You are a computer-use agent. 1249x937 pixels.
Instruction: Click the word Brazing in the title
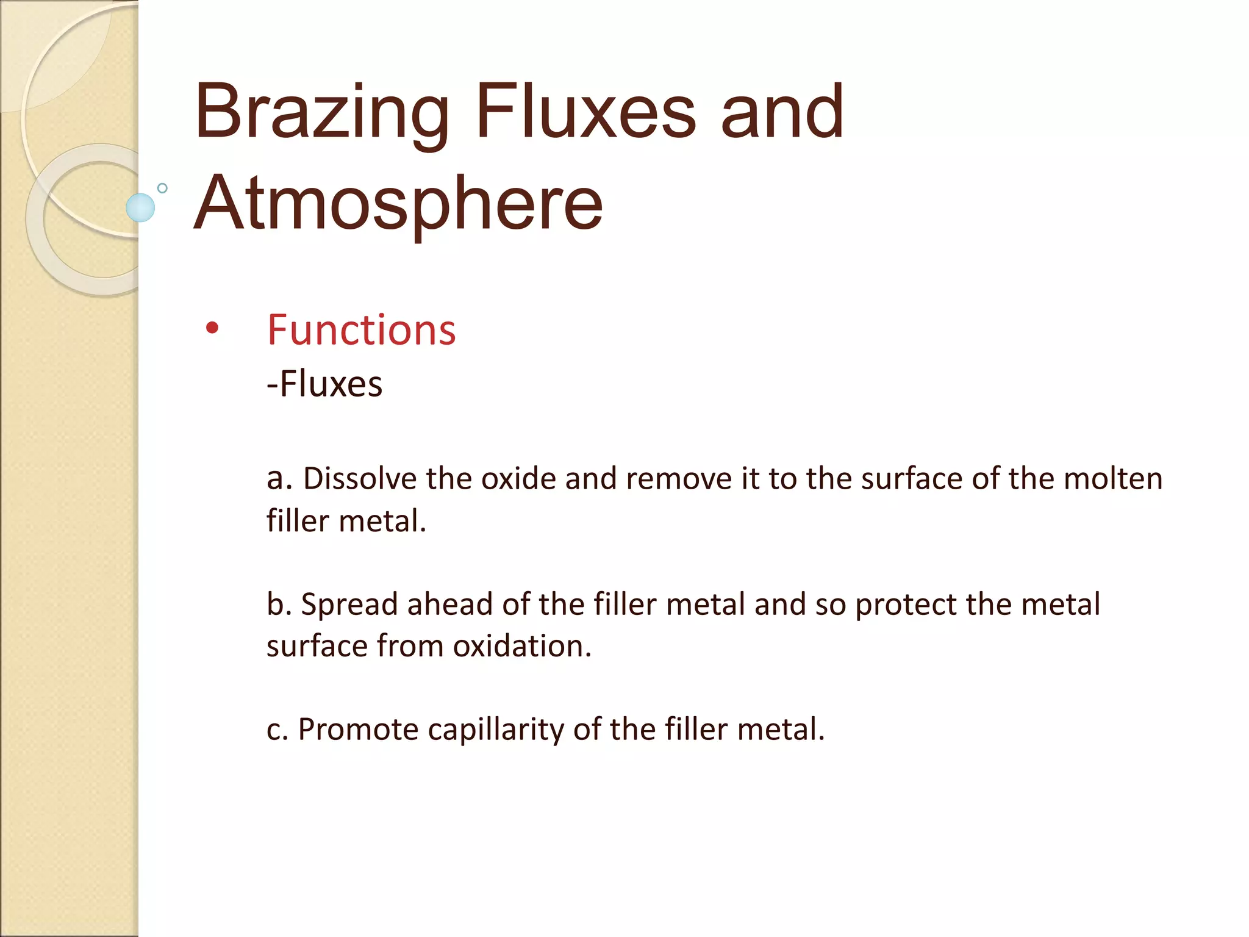click(321, 113)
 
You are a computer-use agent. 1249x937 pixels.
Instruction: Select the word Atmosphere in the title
click(398, 204)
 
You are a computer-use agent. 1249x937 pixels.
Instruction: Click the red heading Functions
click(361, 330)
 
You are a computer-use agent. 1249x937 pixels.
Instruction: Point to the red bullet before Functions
click(212, 328)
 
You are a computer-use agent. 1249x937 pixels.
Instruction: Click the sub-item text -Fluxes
click(324, 384)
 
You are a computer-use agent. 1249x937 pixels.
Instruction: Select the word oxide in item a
click(518, 478)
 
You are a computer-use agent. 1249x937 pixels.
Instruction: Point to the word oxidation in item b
click(522, 645)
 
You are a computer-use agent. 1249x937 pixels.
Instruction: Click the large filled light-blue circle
click(140, 207)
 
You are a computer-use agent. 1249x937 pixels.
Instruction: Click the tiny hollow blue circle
click(162, 188)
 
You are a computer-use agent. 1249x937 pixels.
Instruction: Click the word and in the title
click(782, 112)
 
